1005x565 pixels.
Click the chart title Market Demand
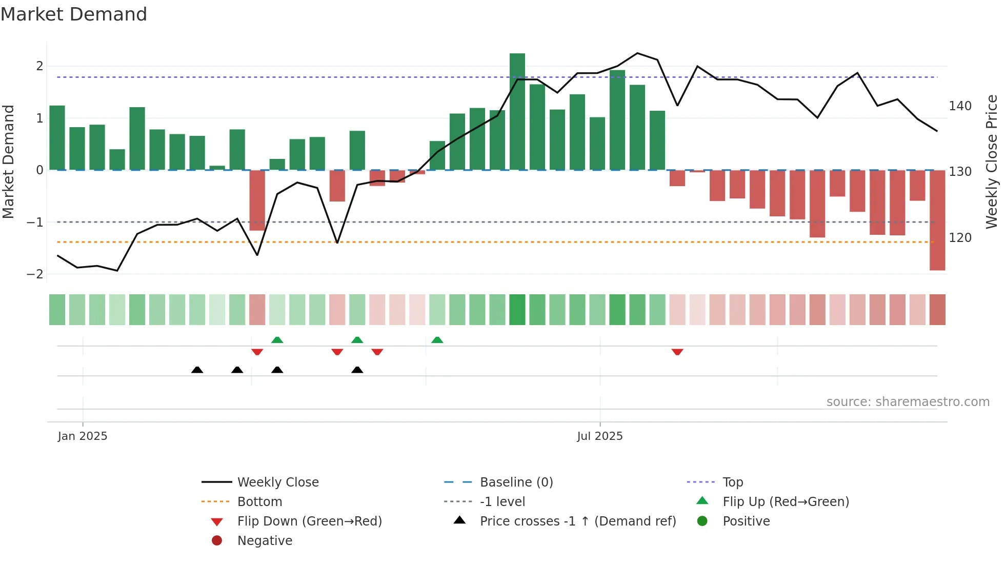(74, 14)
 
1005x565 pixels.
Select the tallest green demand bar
(517, 111)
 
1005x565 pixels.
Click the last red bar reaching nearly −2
(937, 220)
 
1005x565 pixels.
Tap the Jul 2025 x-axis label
(599, 436)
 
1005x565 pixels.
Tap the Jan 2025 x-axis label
(83, 436)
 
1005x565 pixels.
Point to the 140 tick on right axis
(960, 106)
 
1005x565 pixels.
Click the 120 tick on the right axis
(960, 238)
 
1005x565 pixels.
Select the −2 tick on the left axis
(35, 274)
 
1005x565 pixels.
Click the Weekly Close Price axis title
(992, 162)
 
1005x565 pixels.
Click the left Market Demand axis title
(8, 162)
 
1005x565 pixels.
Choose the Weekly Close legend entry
(277, 482)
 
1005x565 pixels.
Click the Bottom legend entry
(259, 502)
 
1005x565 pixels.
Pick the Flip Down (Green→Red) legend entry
(309, 521)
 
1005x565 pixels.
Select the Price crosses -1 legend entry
(577, 521)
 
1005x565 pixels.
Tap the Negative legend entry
(265, 541)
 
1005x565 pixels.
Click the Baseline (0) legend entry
(516, 482)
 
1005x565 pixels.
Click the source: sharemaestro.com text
(908, 402)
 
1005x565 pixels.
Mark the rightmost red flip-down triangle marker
(677, 352)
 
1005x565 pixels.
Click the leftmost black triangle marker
(197, 370)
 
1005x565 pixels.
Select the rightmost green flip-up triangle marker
(437, 340)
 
